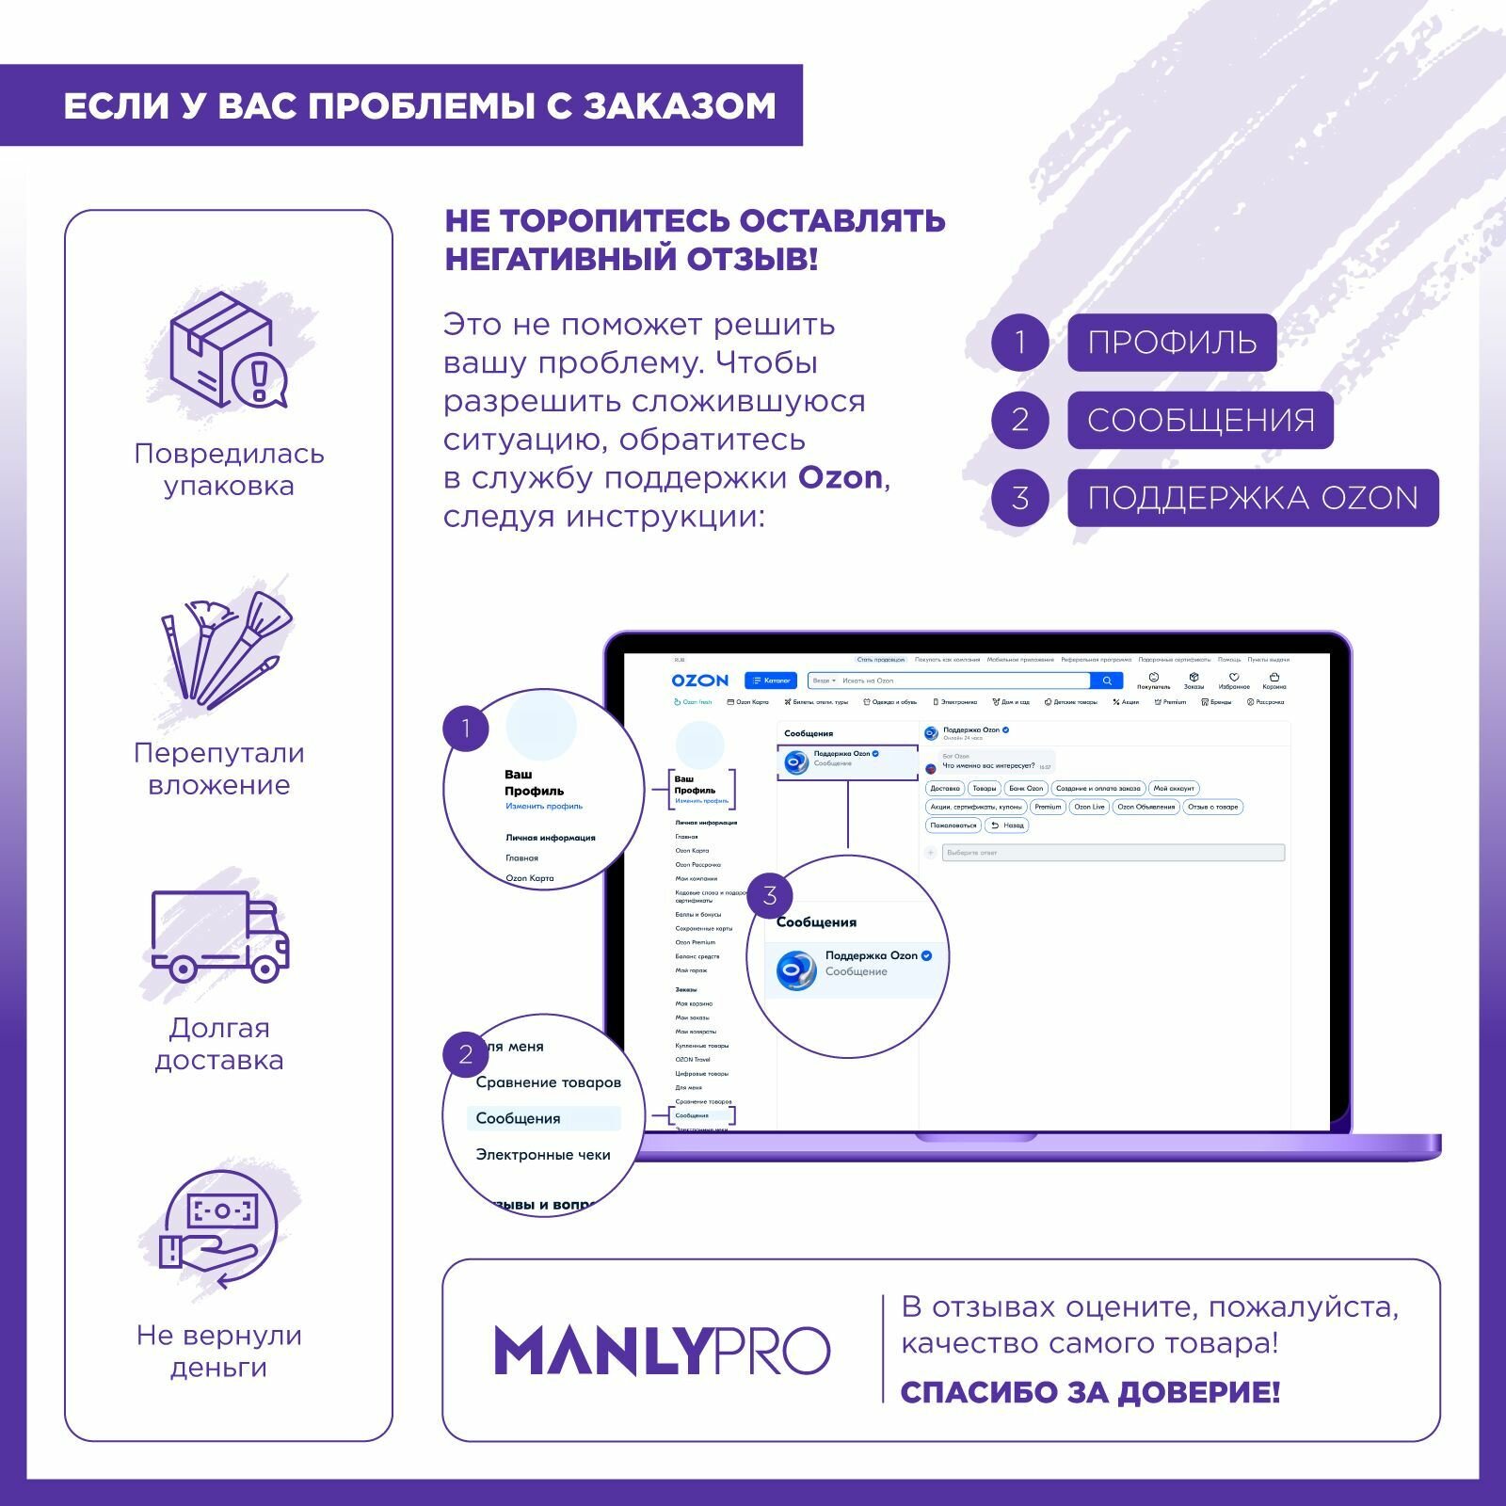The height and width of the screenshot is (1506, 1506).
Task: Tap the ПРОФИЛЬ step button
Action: click(x=1171, y=342)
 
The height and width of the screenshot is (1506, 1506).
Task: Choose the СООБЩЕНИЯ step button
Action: click(x=1200, y=420)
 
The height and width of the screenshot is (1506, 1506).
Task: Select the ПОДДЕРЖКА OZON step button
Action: click(x=1252, y=497)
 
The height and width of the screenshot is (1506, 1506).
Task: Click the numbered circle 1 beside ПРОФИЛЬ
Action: click(x=1020, y=342)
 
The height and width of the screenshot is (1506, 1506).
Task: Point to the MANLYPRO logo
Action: click(x=662, y=1351)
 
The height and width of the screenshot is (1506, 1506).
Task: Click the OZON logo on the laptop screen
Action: click(x=699, y=681)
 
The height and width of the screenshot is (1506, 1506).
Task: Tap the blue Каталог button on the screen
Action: click(x=771, y=681)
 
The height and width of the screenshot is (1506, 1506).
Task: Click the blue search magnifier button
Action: click(x=1107, y=681)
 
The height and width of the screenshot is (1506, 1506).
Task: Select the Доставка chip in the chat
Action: click(x=945, y=789)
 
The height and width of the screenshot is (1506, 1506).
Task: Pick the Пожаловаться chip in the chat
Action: click(x=953, y=825)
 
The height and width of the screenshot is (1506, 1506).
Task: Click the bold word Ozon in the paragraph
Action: click(x=841, y=478)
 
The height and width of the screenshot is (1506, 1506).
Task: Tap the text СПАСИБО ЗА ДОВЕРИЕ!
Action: click(x=1090, y=1392)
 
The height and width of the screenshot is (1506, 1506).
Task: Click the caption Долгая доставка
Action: click(x=219, y=1044)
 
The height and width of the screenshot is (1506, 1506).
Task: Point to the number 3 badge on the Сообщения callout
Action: click(x=770, y=895)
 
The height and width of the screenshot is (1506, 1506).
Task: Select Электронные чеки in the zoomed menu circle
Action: click(x=543, y=1155)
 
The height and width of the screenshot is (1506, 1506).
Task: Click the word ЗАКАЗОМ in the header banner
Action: click(x=680, y=105)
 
